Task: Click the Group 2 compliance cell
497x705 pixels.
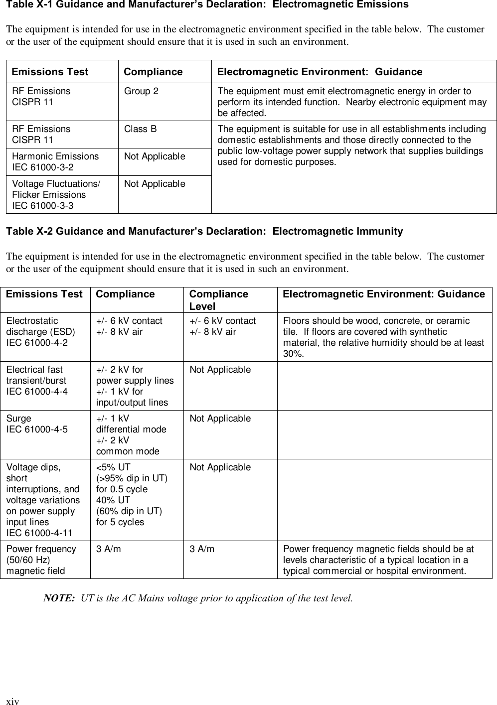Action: click(x=142, y=91)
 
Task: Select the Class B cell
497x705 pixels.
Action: click(x=140, y=129)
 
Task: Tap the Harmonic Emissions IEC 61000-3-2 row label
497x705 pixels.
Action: click(x=55, y=161)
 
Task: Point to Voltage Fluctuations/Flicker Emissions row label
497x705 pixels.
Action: click(x=56, y=194)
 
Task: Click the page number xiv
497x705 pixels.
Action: click(x=12, y=702)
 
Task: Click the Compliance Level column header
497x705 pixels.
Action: click(x=218, y=300)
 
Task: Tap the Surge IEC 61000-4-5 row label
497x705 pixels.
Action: click(x=37, y=423)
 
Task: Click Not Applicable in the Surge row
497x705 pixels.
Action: click(x=220, y=419)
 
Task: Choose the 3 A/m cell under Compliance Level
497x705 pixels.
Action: click(x=202, y=549)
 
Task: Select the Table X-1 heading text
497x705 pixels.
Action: click(x=206, y=5)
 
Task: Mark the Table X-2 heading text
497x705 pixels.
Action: click(x=204, y=231)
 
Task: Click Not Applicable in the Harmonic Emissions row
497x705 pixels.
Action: click(x=155, y=156)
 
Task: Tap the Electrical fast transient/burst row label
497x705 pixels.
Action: click(x=37, y=380)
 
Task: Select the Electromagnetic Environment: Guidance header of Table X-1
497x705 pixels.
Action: click(x=320, y=72)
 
